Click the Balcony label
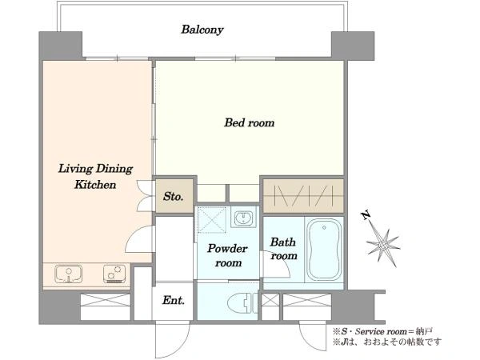(x=202, y=30)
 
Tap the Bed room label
(x=249, y=122)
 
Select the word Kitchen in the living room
(x=95, y=185)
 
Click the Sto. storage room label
(x=174, y=196)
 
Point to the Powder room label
(x=228, y=255)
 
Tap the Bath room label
(x=283, y=249)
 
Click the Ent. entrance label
(x=174, y=300)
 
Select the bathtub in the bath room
(x=324, y=249)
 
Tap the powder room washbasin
(x=244, y=218)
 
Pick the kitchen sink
(x=69, y=273)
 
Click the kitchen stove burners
(x=114, y=274)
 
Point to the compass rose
(x=383, y=245)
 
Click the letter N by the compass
(x=366, y=216)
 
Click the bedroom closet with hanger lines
(x=303, y=196)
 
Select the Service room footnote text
(x=383, y=331)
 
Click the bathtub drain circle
(x=324, y=228)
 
